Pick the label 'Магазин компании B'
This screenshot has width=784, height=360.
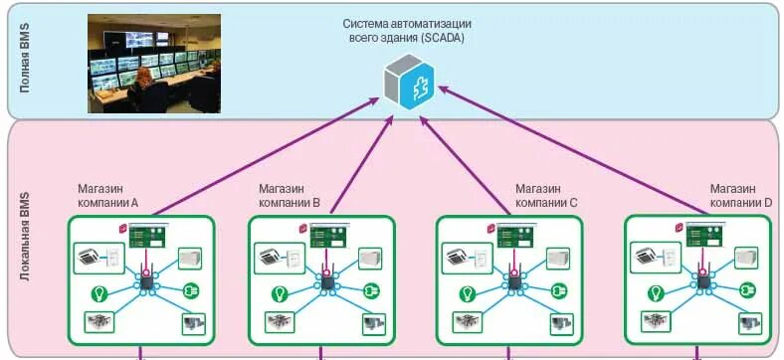tap(289, 196)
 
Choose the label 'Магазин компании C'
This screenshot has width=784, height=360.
tap(545, 196)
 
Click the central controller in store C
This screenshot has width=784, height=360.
tap(513, 283)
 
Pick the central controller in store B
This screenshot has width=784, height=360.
tap(324, 283)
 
